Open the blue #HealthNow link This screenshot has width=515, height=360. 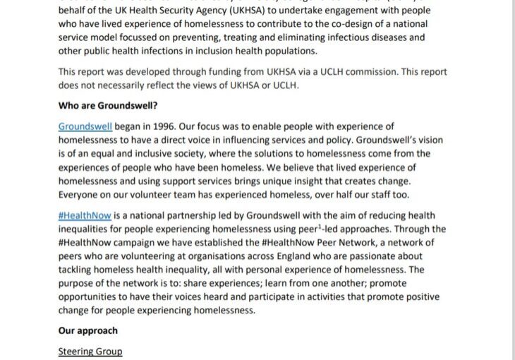(85, 216)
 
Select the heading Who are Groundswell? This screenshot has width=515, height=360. (108, 107)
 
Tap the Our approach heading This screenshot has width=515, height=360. (88, 330)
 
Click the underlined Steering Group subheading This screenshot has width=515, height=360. (90, 352)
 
